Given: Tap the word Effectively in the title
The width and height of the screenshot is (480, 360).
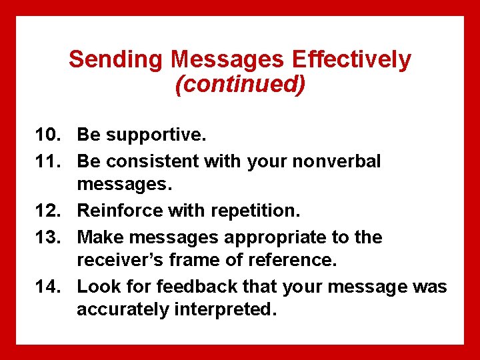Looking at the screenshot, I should click(x=351, y=60).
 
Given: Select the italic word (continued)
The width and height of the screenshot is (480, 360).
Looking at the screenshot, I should click(x=240, y=85).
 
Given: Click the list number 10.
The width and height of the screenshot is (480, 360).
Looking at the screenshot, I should click(x=49, y=135).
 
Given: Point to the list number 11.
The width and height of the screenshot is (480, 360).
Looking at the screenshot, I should click(x=49, y=161).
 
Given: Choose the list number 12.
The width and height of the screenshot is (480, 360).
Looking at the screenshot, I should click(x=49, y=211).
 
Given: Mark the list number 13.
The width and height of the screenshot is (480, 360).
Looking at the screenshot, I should click(x=49, y=237).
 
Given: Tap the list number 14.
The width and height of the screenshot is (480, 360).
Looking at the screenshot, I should click(x=49, y=287).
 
